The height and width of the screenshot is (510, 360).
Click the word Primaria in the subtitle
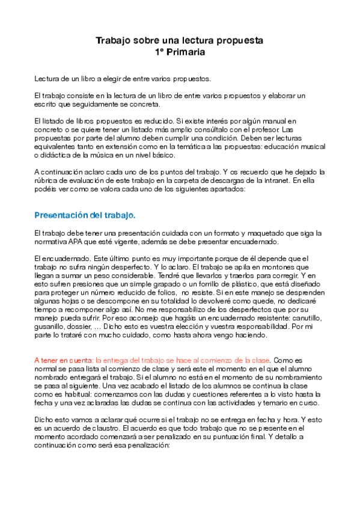tap(187, 52)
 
